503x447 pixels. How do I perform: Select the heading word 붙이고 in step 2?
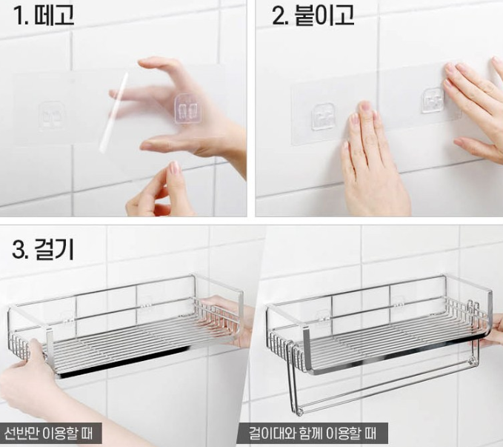(324, 15)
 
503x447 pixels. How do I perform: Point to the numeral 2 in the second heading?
(279, 16)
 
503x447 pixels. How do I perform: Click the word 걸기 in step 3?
(53, 249)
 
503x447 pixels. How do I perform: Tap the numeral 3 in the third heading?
(19, 250)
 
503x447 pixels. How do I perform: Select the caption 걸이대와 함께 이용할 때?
(313, 434)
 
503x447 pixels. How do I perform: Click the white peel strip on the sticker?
(113, 113)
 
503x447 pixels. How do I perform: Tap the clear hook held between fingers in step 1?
(187, 108)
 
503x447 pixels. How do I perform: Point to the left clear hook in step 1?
(52, 116)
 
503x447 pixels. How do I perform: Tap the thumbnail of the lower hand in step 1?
(175, 167)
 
